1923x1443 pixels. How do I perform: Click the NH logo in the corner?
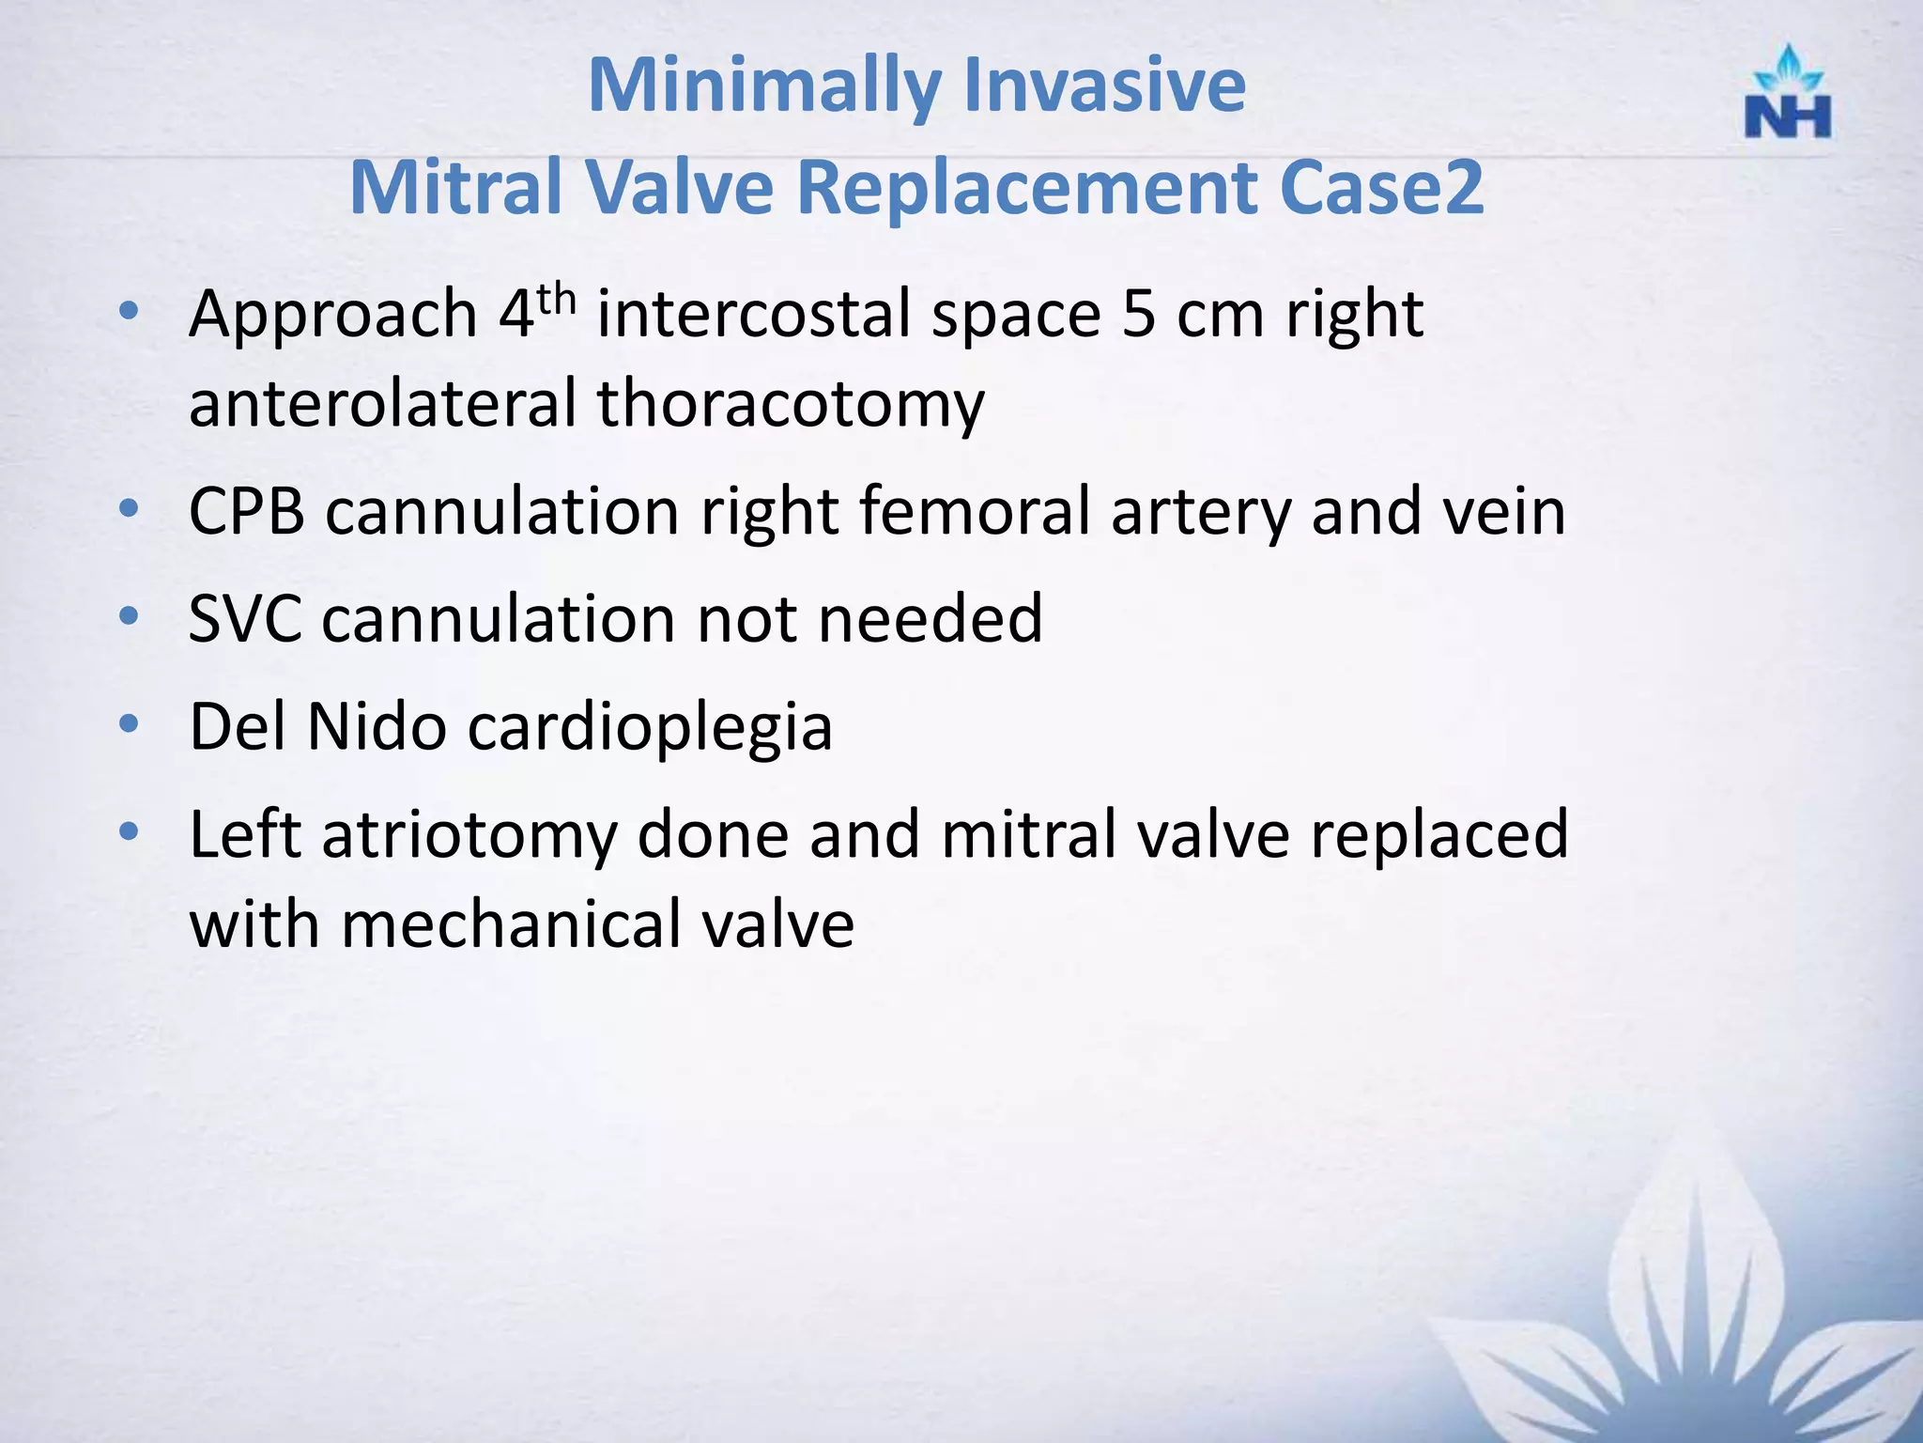point(1787,94)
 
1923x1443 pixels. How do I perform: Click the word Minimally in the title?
point(763,86)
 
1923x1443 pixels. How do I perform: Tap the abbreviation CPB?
point(247,512)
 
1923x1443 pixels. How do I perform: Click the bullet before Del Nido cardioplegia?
point(130,724)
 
